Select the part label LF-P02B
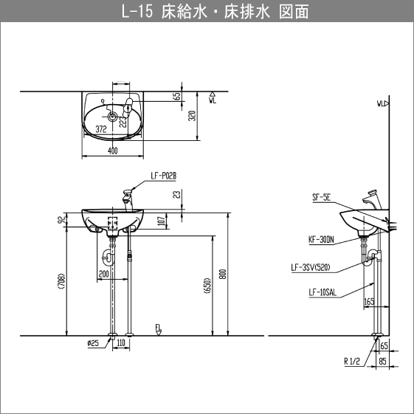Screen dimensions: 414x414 coord(162,176)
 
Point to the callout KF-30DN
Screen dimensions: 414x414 coord(321,239)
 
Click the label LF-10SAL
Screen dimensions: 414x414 coord(322,292)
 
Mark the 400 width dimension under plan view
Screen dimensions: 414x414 coord(112,151)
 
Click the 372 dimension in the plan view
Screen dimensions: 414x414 coord(101,128)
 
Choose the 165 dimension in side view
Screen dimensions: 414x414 coord(369,302)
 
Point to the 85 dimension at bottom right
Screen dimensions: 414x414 coord(382,361)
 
